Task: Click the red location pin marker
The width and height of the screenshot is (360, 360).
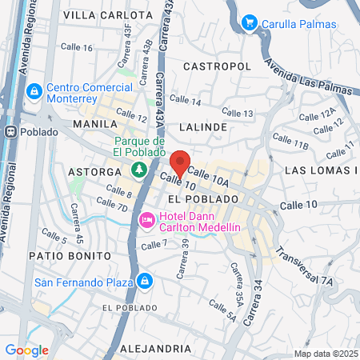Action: coord(181,163)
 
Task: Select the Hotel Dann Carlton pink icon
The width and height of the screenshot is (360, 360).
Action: coord(147,219)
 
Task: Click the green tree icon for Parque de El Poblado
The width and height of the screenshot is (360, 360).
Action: coord(139,169)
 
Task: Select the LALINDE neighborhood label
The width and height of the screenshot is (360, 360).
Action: coord(203,126)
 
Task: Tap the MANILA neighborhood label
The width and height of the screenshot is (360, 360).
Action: coord(89,125)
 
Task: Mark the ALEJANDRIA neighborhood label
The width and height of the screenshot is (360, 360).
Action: coord(155,349)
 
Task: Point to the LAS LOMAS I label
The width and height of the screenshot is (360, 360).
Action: coord(321,170)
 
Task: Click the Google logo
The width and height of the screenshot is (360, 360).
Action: coord(26,350)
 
